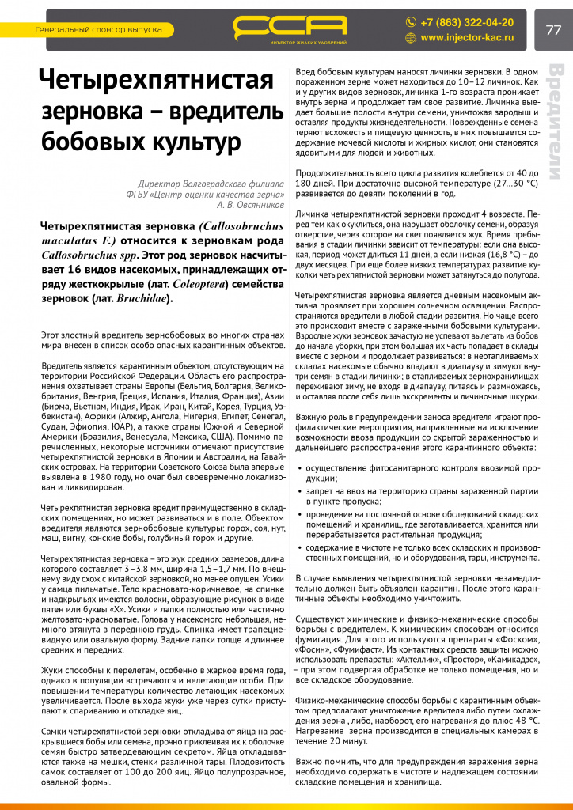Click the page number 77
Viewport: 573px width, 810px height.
tap(552, 30)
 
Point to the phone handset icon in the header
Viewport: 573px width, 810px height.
tap(411, 22)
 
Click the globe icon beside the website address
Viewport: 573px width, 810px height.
tap(411, 37)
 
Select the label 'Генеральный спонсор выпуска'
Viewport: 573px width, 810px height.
tap(99, 30)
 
